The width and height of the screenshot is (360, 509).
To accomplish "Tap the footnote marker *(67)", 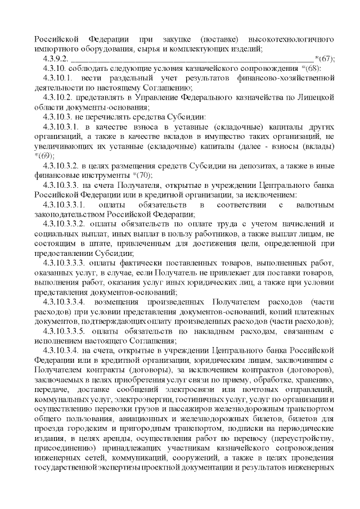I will [x=325, y=58].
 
